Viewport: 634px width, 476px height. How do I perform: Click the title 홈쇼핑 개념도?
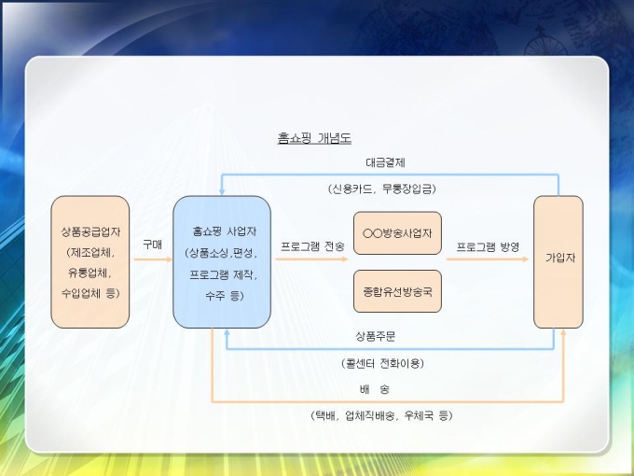point(313,138)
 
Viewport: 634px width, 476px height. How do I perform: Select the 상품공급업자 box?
point(90,261)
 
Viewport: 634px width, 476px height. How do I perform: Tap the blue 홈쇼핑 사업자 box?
point(222,261)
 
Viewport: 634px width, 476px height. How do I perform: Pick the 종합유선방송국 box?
point(397,290)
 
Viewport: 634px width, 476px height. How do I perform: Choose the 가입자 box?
point(558,261)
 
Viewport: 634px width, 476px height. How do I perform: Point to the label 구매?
point(152,244)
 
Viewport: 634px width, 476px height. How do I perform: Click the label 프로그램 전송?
point(312,246)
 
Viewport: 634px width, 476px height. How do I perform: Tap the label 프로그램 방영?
point(488,246)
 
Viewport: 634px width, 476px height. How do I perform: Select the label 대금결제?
point(384,162)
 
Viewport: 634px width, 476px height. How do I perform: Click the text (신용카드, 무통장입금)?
point(382,188)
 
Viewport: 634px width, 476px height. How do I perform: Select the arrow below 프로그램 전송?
point(312,259)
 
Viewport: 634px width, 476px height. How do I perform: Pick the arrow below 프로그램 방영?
point(488,259)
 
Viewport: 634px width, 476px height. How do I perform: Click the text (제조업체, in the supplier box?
point(90,252)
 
